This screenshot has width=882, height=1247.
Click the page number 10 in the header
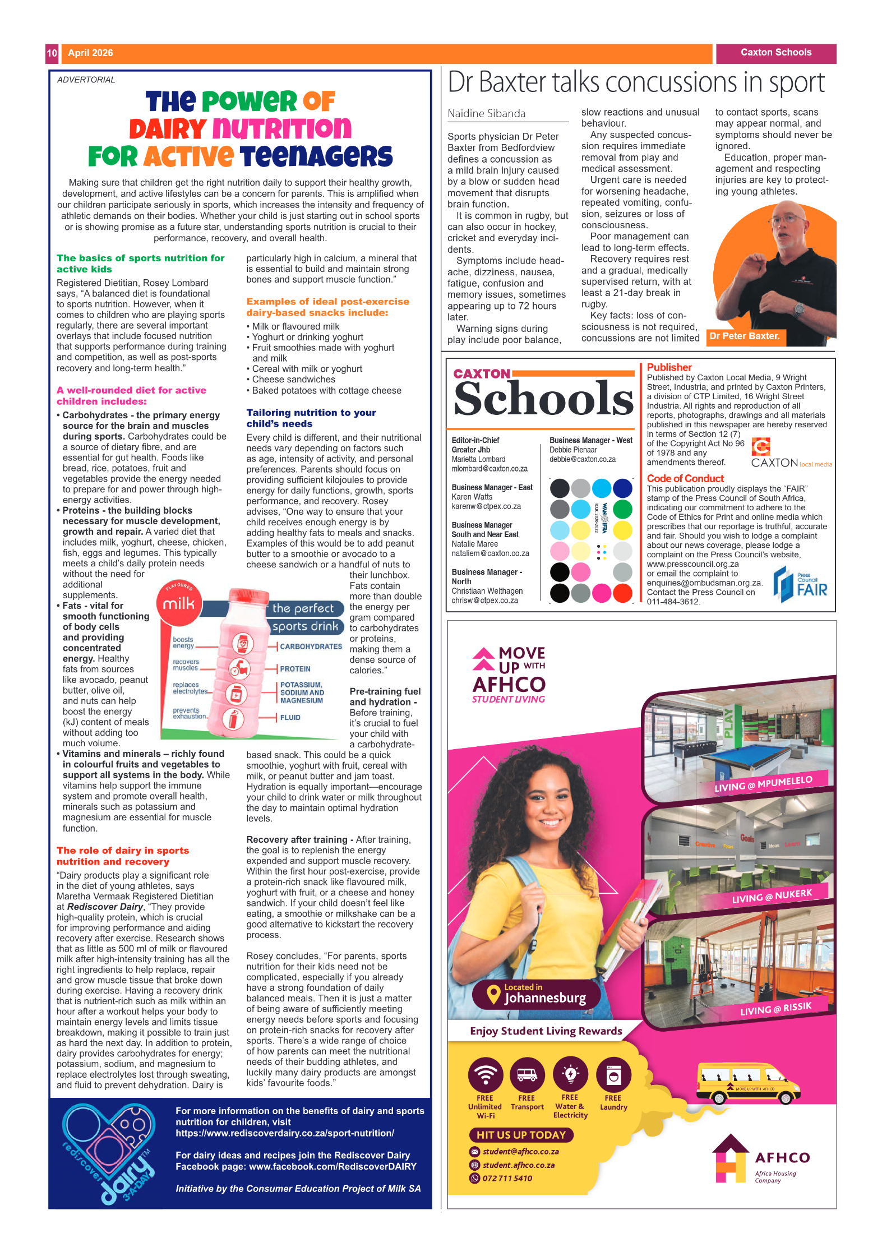click(52, 53)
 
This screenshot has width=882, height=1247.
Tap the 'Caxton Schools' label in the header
click(775, 53)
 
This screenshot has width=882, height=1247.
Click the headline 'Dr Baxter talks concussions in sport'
click(636, 83)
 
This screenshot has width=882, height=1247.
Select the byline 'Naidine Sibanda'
click(486, 114)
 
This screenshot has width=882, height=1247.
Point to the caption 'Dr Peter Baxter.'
click(744, 336)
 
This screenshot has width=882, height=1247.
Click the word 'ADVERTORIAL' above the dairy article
click(86, 80)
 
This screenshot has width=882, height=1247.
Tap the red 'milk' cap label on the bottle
click(178, 604)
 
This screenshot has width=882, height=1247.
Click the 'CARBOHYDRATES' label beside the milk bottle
click(311, 646)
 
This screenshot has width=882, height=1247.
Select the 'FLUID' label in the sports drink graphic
click(290, 718)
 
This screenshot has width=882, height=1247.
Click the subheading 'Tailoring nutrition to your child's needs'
click(311, 418)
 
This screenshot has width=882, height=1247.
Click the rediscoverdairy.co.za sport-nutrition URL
click(284, 1133)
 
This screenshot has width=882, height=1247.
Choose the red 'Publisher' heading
click(669, 367)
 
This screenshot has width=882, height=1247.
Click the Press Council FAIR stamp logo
click(800, 585)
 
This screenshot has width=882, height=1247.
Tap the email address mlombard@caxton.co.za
click(489, 469)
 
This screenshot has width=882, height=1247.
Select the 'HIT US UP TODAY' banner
click(521, 1135)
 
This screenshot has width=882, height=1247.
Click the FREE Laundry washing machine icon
click(613, 1075)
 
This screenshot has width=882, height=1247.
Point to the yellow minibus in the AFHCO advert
click(747, 1083)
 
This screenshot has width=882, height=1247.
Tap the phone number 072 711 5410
click(507, 1178)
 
